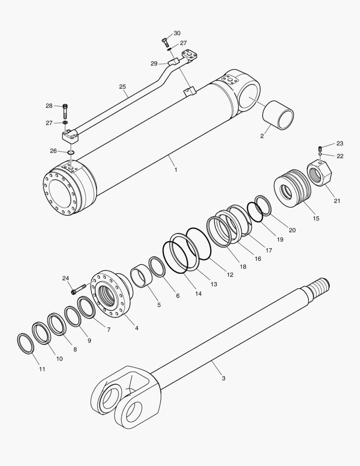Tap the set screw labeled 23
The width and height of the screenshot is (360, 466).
[x=320, y=148]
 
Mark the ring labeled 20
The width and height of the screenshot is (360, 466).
[x=263, y=205]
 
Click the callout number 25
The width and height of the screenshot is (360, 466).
[x=123, y=87]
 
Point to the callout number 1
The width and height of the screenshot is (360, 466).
[x=175, y=170]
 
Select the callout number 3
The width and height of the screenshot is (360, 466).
[x=223, y=378]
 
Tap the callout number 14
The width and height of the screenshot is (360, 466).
[x=198, y=293]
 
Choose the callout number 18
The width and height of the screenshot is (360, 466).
[x=243, y=267]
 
